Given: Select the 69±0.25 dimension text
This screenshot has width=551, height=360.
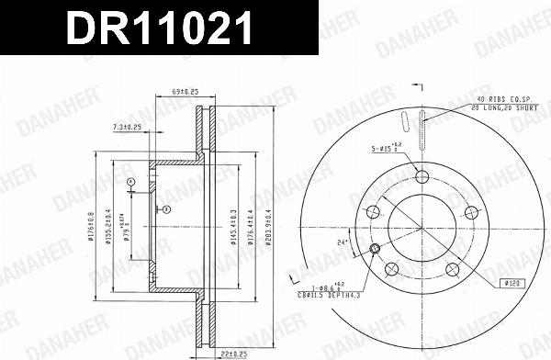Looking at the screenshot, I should (x=186, y=93).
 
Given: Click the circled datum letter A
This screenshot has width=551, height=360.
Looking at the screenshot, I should (x=131, y=183).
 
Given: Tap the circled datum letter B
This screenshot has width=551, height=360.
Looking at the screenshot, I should (x=166, y=210).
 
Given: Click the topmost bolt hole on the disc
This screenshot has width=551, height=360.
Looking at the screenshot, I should (x=422, y=177).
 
